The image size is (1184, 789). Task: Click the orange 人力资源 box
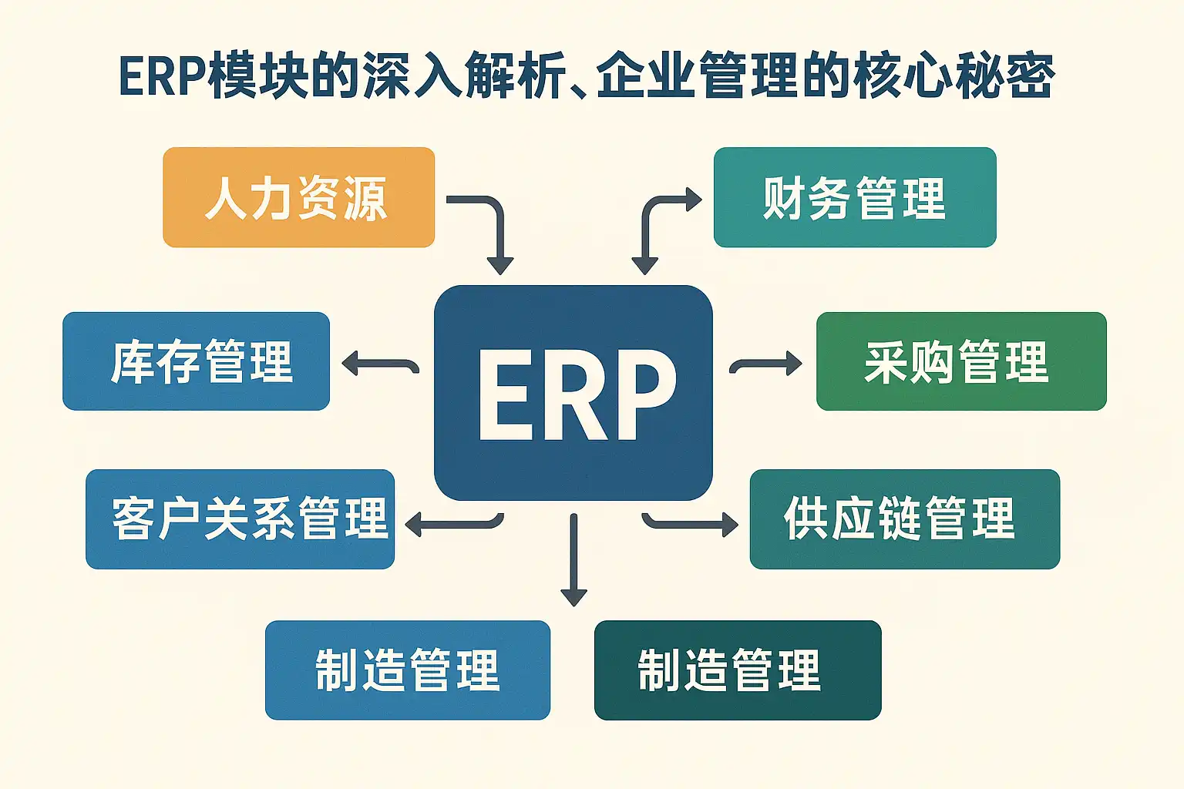point(298,197)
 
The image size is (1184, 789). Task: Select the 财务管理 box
point(854,197)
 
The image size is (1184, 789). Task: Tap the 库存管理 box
point(196,361)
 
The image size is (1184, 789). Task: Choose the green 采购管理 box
point(960,361)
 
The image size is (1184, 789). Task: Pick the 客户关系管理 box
point(240,519)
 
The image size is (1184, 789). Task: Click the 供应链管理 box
point(904,519)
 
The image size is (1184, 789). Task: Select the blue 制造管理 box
point(407,670)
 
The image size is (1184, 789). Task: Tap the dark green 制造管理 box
point(737,670)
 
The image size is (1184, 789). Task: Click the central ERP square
point(573,392)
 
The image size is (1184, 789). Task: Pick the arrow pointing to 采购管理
point(765,364)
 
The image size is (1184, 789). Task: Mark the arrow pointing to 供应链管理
point(690,525)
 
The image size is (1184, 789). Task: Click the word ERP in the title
point(162,77)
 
